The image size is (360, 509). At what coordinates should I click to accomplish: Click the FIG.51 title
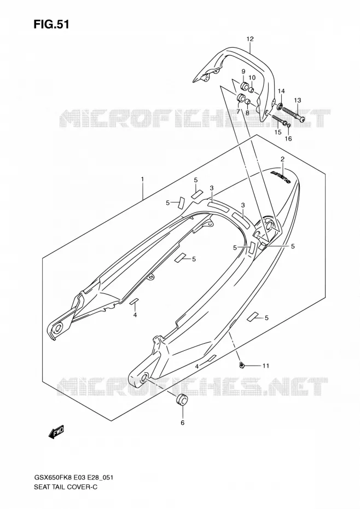point(51,25)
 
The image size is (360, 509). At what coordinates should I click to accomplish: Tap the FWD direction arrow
point(56,432)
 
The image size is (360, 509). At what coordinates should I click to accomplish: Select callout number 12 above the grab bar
point(249,39)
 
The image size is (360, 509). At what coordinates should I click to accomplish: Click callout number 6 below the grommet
point(182,423)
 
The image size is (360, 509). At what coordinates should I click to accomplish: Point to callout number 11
point(266,366)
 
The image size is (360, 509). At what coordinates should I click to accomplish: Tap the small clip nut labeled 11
point(241,366)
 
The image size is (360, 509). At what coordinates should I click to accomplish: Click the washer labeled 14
point(280,106)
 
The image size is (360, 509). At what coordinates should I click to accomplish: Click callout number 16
point(288,138)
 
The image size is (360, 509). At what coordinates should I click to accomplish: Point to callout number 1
point(142,179)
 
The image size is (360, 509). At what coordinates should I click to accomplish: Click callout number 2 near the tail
point(282,159)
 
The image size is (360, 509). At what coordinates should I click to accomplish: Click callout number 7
point(238,111)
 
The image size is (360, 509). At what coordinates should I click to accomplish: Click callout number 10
point(252,78)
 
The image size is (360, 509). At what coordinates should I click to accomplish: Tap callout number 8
point(247,113)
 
